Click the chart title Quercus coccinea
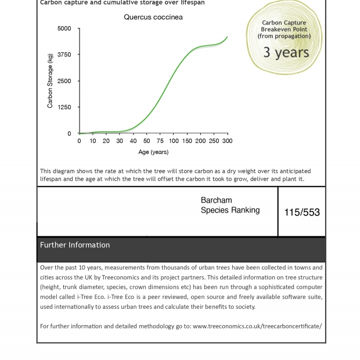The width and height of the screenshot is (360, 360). pos(153,17)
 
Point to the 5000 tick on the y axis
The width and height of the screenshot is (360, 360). pos(64,28)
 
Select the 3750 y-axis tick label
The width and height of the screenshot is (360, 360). pos(64,55)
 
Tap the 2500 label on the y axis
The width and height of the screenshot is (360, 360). pos(64,81)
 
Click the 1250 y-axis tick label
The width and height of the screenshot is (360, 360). pos(64,107)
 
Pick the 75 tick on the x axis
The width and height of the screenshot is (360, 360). pos(160,141)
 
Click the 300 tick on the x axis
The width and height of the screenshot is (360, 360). pos(227,141)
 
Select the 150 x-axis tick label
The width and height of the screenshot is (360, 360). pos(187,141)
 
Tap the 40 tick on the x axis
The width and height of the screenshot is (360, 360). pos(133,141)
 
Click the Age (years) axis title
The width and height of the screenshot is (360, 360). pos(153,152)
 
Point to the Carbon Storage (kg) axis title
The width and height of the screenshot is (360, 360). pos(51,81)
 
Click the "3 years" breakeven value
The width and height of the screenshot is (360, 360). pos(286,52)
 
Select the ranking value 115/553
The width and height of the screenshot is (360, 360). pos(302,213)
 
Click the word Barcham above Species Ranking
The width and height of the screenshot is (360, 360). pos(216,200)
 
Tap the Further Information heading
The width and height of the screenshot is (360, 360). pos(75,245)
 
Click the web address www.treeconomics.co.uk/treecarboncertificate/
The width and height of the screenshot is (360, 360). pos(257,326)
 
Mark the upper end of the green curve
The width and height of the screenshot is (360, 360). pos(227,37)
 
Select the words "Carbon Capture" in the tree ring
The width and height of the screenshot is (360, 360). pos(284,23)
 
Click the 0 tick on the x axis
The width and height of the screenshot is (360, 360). pos(80,141)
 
